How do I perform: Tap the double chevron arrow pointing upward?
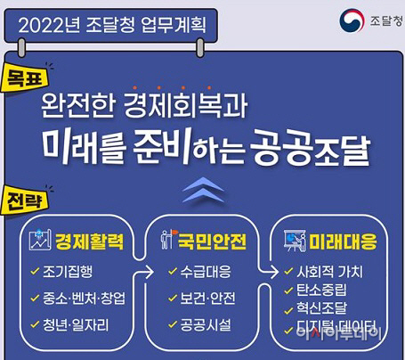202,189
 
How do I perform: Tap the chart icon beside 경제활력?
38,241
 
